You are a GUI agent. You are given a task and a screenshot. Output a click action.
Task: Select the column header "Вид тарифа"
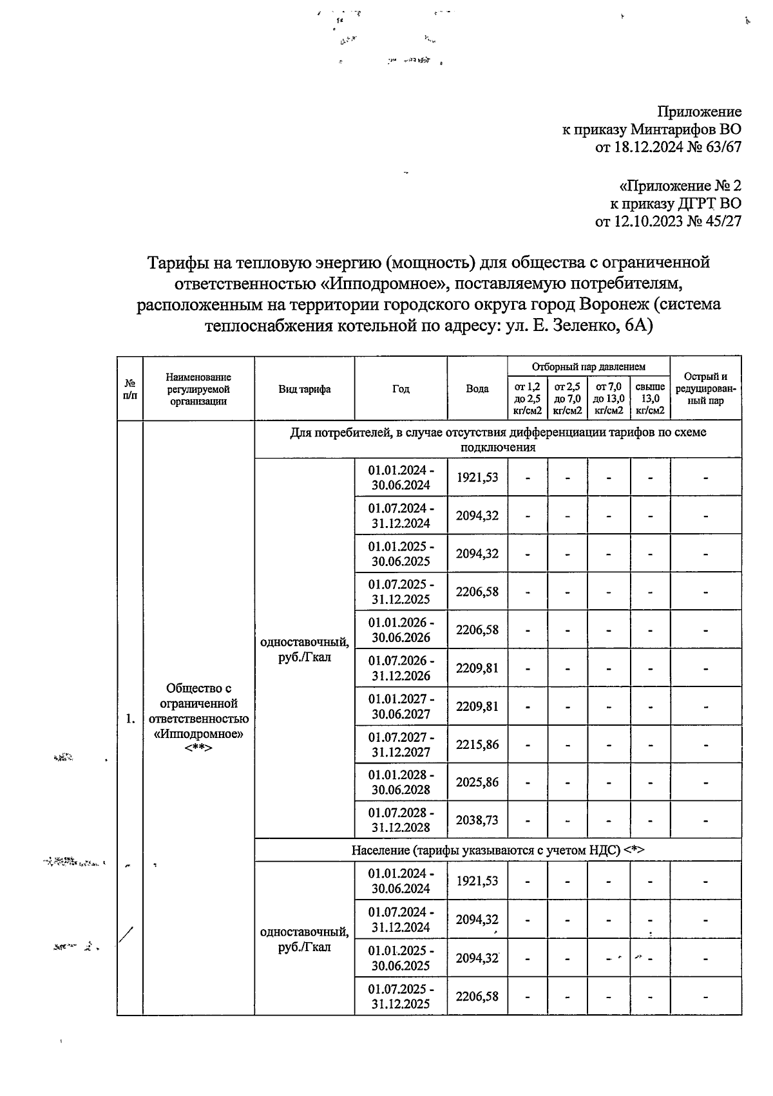click(304, 389)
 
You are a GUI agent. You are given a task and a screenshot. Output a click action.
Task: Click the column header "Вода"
click(477, 389)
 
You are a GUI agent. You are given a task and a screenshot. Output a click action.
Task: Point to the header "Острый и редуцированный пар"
click(705, 389)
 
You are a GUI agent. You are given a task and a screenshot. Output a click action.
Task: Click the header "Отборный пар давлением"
click(588, 366)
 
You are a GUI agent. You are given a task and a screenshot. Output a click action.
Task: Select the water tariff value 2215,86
click(477, 744)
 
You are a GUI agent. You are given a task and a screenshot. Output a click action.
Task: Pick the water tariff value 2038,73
click(477, 820)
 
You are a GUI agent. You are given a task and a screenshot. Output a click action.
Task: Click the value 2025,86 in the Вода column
click(477, 782)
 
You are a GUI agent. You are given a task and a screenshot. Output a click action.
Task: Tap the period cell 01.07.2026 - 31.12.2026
click(401, 668)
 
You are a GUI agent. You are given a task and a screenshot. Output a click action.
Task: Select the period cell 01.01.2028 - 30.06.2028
click(401, 782)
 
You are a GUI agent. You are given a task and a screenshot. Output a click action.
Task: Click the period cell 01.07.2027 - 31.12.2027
click(401, 744)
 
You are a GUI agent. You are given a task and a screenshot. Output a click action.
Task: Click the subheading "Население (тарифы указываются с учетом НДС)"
click(497, 850)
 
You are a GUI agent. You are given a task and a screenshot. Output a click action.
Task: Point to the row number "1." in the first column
click(129, 719)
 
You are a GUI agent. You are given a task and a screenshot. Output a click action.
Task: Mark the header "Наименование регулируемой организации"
click(198, 389)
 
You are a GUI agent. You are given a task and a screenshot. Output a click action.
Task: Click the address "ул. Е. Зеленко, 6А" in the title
click(579, 325)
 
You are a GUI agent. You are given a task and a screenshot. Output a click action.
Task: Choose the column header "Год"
click(401, 389)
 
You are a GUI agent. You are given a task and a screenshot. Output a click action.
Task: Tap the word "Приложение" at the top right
click(699, 111)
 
